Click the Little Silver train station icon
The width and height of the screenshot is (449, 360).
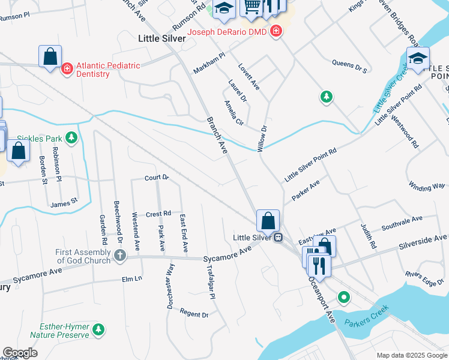[278, 238]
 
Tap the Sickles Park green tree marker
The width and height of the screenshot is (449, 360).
[71, 139]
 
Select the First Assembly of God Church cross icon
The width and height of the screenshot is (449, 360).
[120, 256]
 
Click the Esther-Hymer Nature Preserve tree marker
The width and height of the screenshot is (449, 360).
[98, 329]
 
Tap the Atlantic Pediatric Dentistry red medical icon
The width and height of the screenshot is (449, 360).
[67, 69]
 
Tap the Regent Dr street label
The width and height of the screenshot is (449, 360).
[193, 314]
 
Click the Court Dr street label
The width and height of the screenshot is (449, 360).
[157, 178]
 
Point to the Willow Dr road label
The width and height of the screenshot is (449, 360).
[262, 138]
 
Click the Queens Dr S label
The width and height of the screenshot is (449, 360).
[349, 66]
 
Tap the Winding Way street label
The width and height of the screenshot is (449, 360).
[426, 187]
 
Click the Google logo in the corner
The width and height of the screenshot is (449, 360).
[20, 353]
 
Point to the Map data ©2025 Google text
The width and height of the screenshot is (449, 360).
[411, 355]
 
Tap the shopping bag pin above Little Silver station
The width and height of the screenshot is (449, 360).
[268, 221]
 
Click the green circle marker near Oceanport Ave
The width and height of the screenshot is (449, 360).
[343, 296]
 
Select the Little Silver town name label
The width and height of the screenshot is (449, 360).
[162, 38]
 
